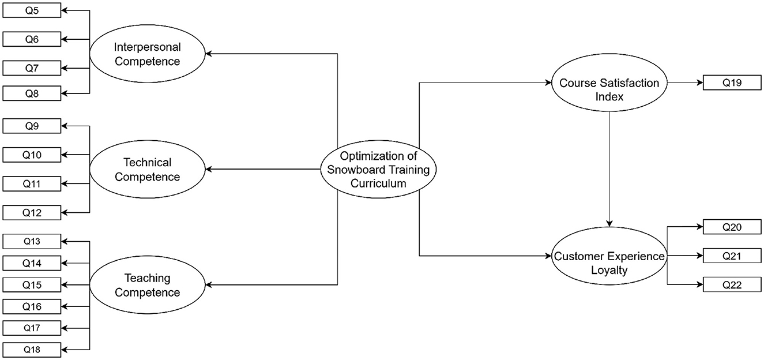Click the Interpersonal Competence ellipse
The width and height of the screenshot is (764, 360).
147,54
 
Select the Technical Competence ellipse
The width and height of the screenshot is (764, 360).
147,170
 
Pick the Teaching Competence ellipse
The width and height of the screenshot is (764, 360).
147,285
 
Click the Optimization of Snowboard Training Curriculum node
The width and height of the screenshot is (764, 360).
378,170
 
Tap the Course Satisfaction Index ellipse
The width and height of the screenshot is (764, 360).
609,89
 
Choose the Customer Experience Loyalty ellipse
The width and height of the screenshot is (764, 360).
609,262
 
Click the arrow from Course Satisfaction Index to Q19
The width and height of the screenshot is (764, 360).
685,82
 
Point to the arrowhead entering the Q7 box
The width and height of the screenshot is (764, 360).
64,68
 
